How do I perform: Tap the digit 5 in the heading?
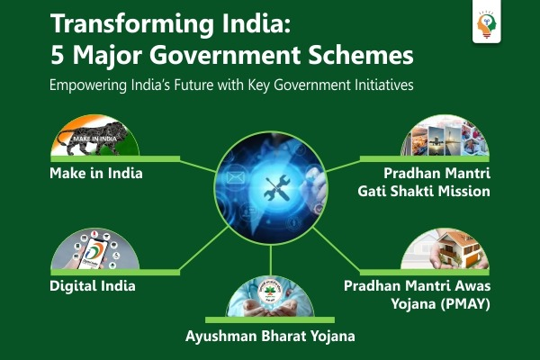pos(58,55)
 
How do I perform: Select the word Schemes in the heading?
pos(361,55)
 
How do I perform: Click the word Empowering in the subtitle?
pos(88,85)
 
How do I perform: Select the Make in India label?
pos(96,173)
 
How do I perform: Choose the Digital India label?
pos(93,286)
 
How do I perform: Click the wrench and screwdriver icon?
pos(277,188)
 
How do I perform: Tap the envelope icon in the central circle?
pos(236,178)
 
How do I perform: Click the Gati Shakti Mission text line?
pos(424,191)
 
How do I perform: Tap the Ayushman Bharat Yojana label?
pos(270,337)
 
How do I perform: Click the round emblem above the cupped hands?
pos(270,292)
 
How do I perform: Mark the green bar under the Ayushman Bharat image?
pos(270,320)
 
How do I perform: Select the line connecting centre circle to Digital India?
pos(204,248)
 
